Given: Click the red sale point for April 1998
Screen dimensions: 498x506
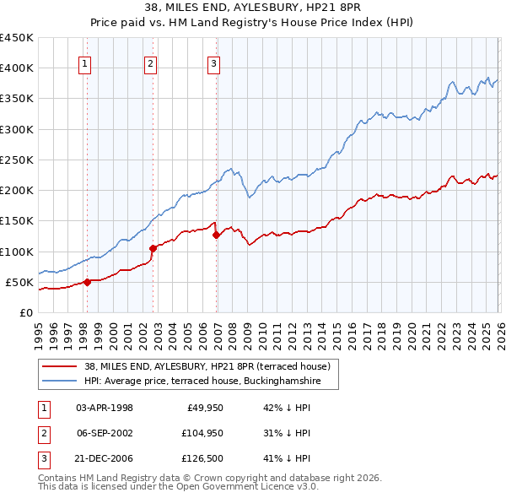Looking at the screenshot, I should [x=87, y=282].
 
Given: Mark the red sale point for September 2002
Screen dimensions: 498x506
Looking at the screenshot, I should [x=153, y=248].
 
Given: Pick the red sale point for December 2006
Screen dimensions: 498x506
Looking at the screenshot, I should [x=217, y=235].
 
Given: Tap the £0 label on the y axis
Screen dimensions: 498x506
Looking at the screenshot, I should [x=25, y=312].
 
